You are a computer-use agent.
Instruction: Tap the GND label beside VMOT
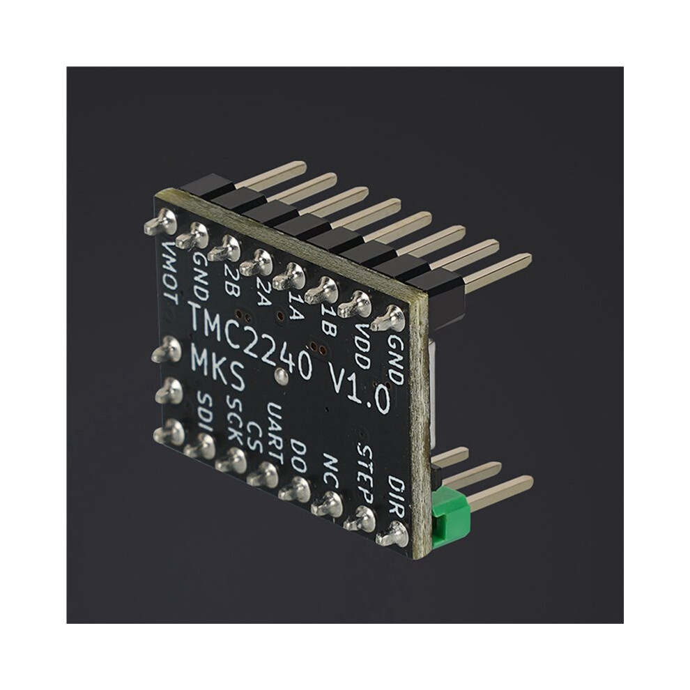click(201, 277)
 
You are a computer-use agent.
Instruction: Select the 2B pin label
click(231, 278)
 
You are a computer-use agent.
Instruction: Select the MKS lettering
click(218, 369)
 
